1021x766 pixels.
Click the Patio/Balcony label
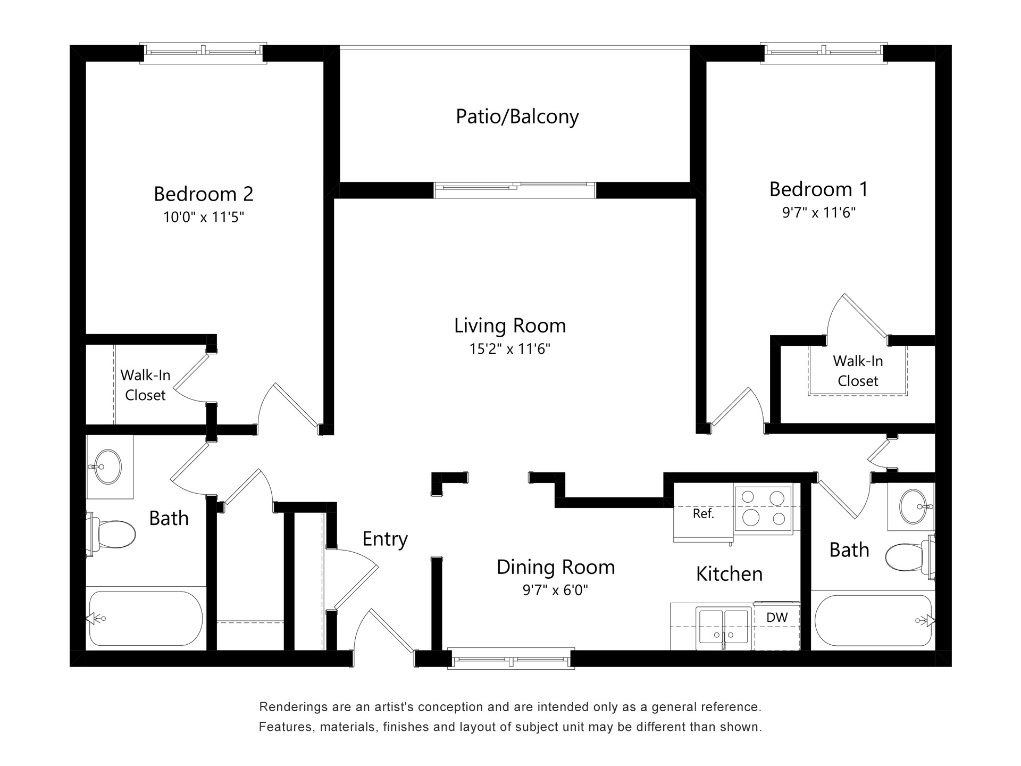(517, 116)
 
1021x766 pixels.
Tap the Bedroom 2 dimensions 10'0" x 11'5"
(203, 217)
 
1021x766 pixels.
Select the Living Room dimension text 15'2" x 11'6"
(509, 349)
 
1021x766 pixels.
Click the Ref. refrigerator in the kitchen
(703, 514)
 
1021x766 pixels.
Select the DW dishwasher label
(777, 618)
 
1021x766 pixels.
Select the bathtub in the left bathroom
(145, 618)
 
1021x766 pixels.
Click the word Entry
(384, 539)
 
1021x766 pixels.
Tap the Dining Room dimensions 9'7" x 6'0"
(555, 590)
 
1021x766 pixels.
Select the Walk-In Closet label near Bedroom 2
(145, 385)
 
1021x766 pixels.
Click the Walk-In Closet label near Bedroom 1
(857, 371)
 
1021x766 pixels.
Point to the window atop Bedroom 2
(203, 53)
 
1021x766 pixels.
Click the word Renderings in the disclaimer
(292, 707)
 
